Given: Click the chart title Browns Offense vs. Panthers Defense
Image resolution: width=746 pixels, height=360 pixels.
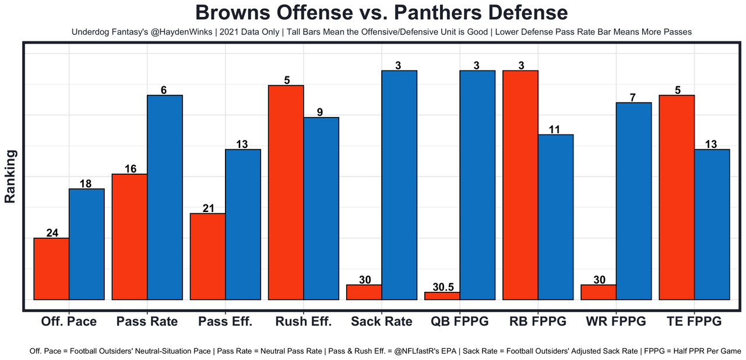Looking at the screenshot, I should click(381, 13).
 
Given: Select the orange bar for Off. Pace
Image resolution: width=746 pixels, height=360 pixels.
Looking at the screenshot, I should click(51, 269).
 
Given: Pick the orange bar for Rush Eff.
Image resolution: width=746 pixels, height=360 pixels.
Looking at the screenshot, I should click(286, 192).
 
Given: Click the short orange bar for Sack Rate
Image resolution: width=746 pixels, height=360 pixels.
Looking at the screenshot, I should click(364, 292).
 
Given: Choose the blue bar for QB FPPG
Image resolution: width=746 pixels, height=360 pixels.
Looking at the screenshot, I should click(477, 185).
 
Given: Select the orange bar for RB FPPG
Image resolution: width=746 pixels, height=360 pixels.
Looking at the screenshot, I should click(520, 185).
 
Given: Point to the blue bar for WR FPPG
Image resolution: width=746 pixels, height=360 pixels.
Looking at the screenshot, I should click(634, 201).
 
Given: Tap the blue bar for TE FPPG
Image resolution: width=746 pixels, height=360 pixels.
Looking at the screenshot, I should click(712, 224).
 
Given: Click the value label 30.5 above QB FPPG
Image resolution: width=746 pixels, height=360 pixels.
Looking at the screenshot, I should click(442, 287).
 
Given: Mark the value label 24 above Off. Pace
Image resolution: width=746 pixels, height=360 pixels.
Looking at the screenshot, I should click(52, 233).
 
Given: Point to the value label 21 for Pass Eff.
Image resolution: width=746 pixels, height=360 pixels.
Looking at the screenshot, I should click(208, 209).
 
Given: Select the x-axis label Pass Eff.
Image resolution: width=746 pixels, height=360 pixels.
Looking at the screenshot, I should click(225, 322).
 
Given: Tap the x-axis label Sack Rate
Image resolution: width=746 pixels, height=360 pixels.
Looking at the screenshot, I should click(382, 322).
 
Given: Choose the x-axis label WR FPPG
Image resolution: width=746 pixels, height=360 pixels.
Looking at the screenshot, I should click(616, 322).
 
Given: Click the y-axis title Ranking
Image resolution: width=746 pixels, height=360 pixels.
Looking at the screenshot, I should click(10, 176).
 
